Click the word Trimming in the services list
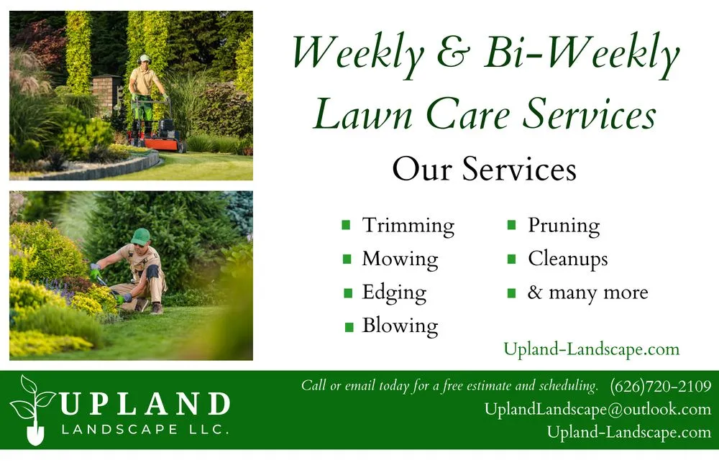point(408,226)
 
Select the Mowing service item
point(400,259)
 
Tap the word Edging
point(394,293)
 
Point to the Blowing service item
point(400,326)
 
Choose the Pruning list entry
point(564,226)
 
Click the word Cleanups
point(567,259)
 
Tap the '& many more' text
point(587,293)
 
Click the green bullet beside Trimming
point(347,226)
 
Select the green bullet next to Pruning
point(512,226)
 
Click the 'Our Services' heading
point(484,170)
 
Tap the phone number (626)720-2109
point(660,386)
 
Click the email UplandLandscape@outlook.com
point(597,409)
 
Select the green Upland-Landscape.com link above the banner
point(591,349)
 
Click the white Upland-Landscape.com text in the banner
point(629,432)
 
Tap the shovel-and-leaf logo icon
point(32,410)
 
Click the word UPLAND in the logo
point(144,404)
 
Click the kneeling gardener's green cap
point(140,235)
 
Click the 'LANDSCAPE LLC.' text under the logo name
point(145,430)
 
